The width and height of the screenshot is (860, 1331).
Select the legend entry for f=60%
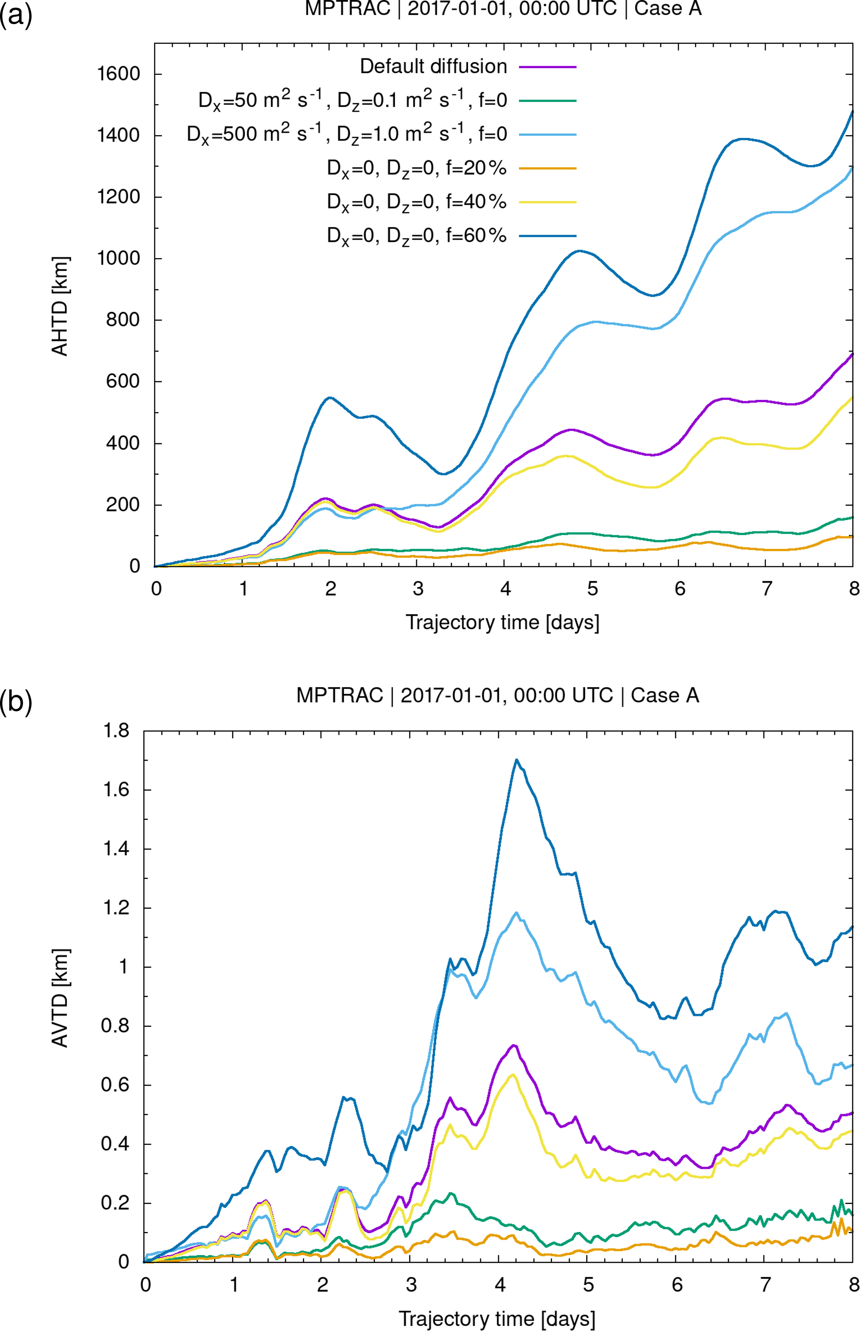416,236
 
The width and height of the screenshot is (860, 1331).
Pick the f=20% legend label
416,168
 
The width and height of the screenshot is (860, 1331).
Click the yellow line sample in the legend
547,202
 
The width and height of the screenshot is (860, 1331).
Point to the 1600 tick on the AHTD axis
119,74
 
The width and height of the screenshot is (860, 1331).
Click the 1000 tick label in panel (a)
119,258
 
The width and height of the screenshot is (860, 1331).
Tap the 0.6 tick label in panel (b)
115,1085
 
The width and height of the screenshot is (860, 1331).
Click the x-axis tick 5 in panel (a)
592,588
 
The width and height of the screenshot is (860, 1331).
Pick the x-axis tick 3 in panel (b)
411,1285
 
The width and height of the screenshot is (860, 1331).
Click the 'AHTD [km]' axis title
60,306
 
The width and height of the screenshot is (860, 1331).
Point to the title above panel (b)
497,695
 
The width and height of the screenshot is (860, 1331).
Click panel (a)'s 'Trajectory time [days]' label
502,622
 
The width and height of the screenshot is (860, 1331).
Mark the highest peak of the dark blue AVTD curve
517,760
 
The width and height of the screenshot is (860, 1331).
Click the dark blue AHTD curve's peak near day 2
330,398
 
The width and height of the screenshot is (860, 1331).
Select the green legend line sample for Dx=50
547,101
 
